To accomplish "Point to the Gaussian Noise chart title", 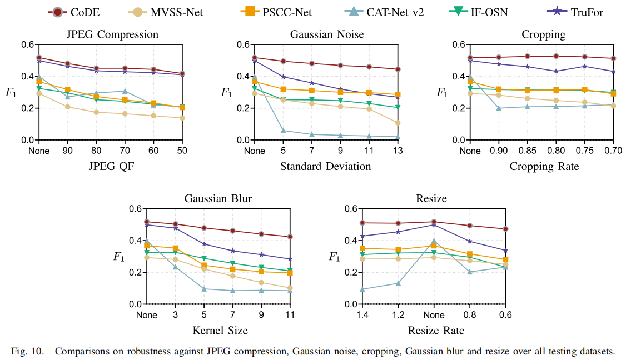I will [327, 34].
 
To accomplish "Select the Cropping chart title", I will [543, 34].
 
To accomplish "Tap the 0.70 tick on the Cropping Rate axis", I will [613, 151].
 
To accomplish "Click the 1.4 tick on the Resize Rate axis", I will [362, 316].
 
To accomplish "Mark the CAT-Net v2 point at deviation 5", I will [284, 131].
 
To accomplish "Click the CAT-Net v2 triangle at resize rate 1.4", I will [362, 289].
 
